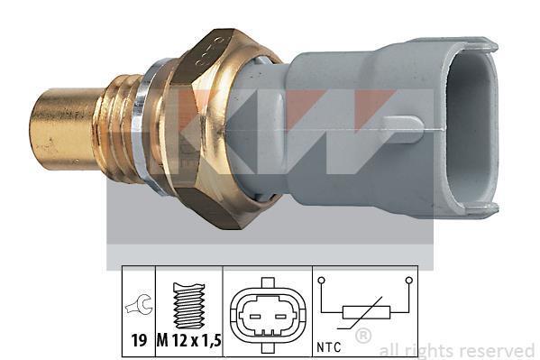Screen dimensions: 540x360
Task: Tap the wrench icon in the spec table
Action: click(139, 303)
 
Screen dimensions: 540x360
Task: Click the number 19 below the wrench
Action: click(139, 341)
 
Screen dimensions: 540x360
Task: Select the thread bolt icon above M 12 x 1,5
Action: click(189, 305)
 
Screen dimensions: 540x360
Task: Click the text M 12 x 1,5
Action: click(189, 341)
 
